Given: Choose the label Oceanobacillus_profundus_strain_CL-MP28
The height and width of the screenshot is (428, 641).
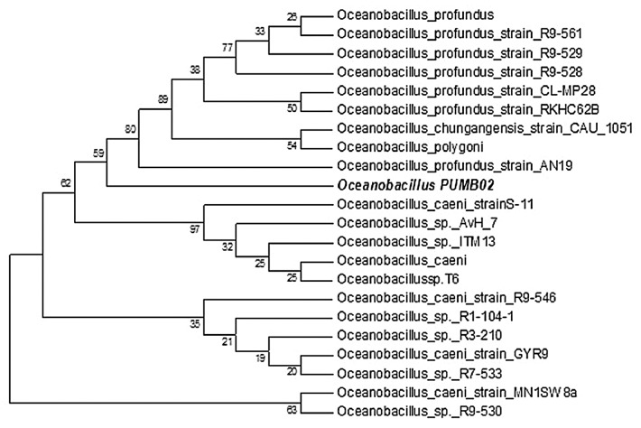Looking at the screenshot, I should pos(424,90).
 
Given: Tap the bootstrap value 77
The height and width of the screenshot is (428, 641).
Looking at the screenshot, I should pos(228,42).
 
